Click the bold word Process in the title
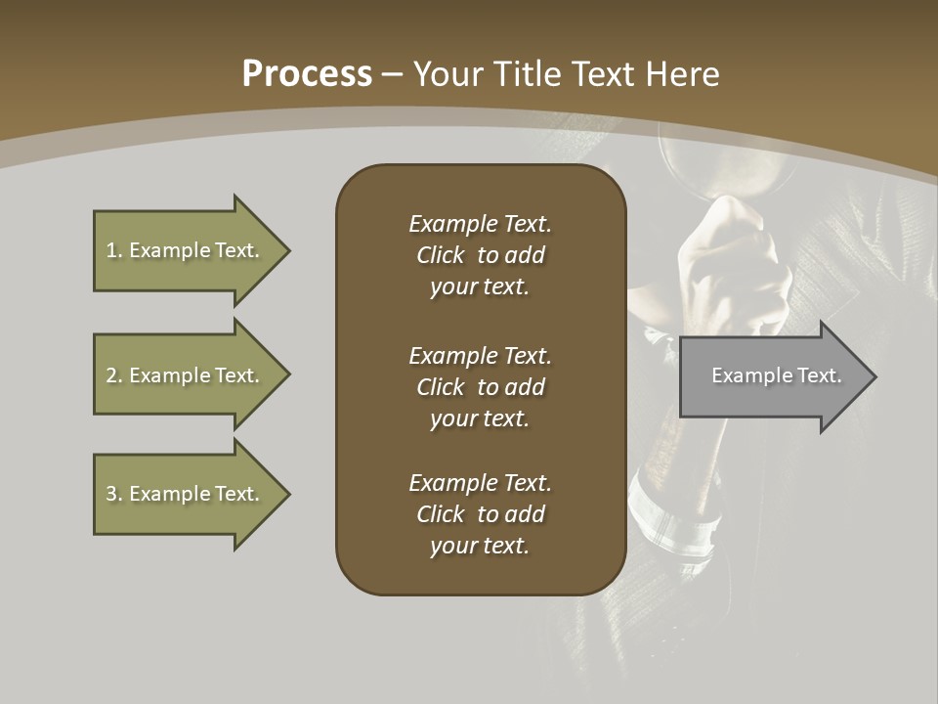coord(307,74)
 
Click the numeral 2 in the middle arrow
coord(111,375)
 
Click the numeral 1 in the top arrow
coord(111,250)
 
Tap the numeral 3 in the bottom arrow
coord(111,494)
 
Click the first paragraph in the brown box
coord(480,255)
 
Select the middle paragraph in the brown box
coord(480,387)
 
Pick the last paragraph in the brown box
coord(480,514)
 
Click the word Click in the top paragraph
coord(440,255)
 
